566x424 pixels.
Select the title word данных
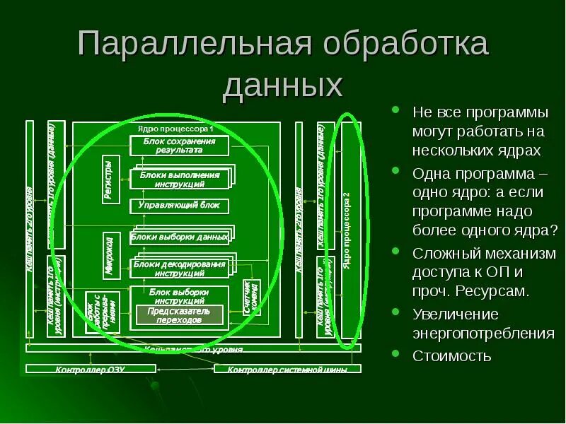pyautogui.click(x=283, y=86)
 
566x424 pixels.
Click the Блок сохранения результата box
pyautogui.click(x=179, y=146)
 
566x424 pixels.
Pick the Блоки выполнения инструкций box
pyautogui.click(x=179, y=179)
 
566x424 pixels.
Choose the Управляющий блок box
pyautogui.click(x=179, y=206)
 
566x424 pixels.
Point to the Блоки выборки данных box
pyautogui.click(x=180, y=237)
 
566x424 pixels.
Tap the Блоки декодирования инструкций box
pyautogui.click(x=179, y=268)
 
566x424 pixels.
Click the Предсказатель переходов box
pyautogui.click(x=179, y=315)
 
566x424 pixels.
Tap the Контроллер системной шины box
pyautogui.click(x=287, y=369)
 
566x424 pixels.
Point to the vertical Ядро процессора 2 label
pyautogui.click(x=347, y=226)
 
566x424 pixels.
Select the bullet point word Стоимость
pyautogui.click(x=452, y=355)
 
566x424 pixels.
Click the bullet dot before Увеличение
pyautogui.click(x=397, y=313)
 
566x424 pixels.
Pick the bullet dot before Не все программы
pyautogui.click(x=397, y=111)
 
